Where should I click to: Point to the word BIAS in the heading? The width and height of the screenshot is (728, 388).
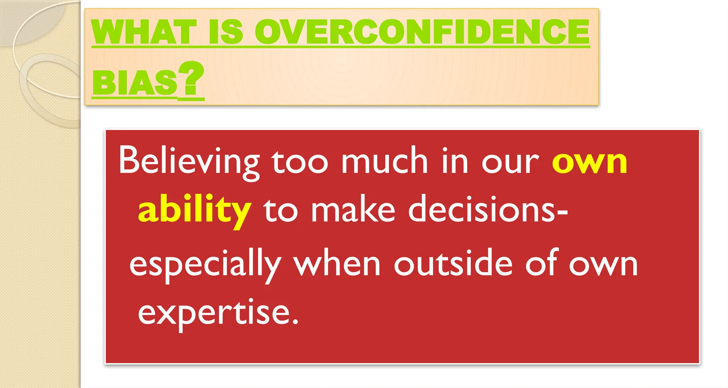coord(134,82)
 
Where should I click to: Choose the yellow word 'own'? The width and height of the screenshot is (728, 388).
coord(589,163)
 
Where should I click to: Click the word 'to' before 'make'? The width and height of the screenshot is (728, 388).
coord(280,211)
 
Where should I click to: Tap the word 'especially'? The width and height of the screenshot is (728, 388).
coord(205,265)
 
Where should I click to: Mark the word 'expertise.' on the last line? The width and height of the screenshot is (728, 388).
coord(218,313)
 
